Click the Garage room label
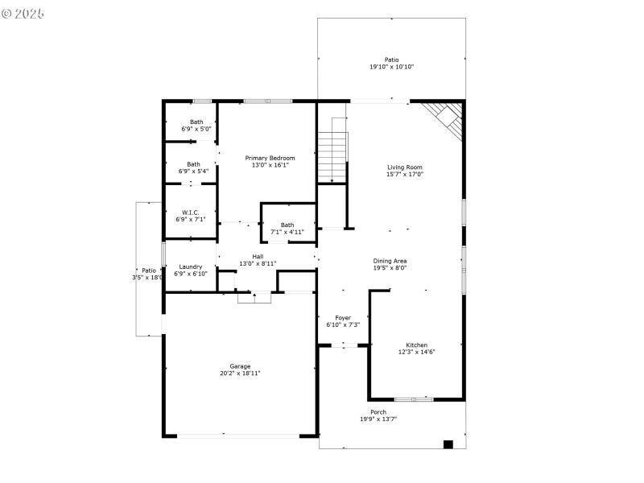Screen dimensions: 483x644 240,365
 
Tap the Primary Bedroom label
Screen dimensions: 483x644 270,158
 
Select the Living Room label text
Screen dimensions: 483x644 404,167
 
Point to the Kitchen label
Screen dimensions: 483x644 416,345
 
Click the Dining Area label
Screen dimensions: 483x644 390,260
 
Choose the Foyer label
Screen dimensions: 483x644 342,318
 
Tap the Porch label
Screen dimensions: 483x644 378,412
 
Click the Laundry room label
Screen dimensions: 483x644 191,266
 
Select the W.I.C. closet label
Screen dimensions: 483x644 191,213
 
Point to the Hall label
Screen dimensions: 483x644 258,256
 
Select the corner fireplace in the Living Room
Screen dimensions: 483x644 446,119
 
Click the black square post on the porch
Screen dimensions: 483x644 448,444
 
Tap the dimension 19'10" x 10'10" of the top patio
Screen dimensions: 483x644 391,68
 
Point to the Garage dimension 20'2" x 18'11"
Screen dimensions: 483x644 240,374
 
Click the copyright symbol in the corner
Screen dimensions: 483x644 6,14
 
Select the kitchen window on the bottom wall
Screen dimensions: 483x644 413,398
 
